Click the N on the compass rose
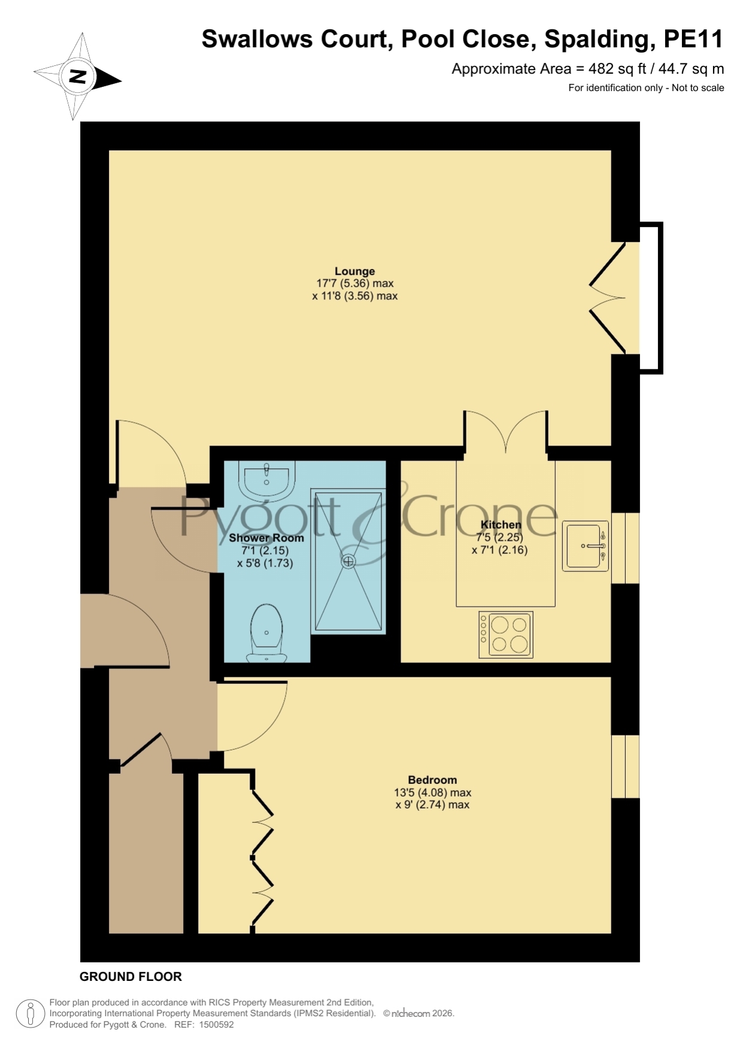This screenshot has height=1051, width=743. [77, 76]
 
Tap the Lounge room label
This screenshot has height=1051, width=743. [354, 271]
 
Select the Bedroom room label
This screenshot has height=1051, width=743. [432, 780]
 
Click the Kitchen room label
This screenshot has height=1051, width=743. [501, 525]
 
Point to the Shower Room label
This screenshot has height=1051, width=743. [266, 538]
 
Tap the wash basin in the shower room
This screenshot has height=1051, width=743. [266, 480]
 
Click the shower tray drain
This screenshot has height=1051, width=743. [348, 562]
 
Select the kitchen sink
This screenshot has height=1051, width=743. [585, 546]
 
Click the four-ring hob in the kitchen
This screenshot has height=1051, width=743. [506, 635]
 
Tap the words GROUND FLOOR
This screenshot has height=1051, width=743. [131, 976]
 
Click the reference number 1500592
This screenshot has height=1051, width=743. [216, 1025]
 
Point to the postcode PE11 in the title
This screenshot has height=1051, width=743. [693, 39]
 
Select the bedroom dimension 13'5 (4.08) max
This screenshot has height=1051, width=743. [432, 792]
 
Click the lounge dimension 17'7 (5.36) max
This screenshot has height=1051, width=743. [354, 283]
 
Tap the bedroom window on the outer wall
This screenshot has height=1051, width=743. [625, 767]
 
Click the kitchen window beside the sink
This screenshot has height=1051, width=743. [625, 548]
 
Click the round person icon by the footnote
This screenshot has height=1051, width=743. [30, 1013]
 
